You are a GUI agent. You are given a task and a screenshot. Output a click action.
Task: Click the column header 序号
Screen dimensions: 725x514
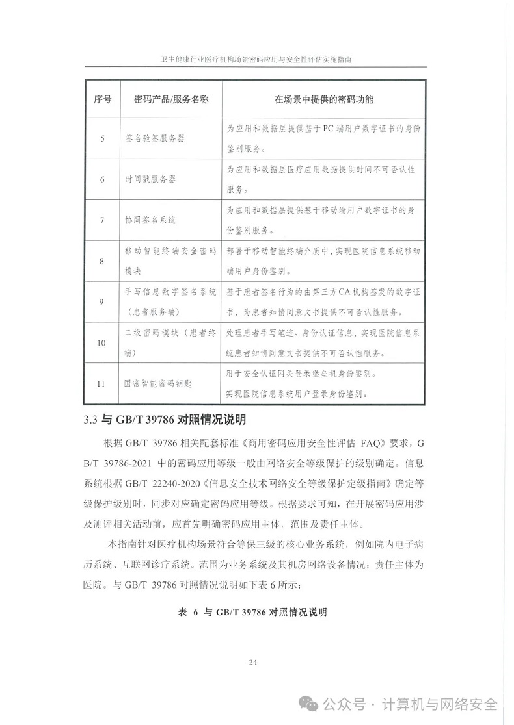103,99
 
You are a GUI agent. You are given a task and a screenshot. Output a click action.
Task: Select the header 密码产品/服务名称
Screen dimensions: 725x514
170,99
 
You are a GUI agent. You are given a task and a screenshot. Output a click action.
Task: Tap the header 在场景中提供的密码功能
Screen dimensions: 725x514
323,99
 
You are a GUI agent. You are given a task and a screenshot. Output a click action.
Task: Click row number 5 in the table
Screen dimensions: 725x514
103,139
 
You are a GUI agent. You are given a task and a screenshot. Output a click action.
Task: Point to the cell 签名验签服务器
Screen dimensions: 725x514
155,139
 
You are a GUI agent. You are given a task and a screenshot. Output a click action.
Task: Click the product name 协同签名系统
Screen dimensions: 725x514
150,220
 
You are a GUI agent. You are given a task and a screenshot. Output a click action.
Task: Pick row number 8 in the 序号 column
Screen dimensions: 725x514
103,261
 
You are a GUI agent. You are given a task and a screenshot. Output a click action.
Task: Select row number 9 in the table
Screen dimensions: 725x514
103,301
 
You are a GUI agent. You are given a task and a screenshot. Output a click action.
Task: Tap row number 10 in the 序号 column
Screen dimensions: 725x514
103,342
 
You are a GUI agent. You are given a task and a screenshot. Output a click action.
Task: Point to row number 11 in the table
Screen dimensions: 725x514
103,383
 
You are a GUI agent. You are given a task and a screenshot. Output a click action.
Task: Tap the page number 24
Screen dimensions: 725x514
254,663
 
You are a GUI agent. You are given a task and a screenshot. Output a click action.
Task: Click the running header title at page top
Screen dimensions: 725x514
256,58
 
